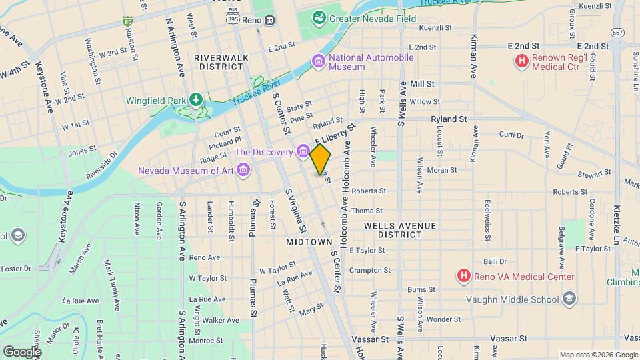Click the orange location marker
click(320, 159)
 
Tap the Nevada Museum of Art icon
click(243, 171)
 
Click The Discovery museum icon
click(303, 153)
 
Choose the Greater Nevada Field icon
click(319, 16)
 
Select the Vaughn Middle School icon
click(569, 299)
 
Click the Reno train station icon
click(269, 19)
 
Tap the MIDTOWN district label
click(309, 241)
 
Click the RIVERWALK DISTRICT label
click(221, 62)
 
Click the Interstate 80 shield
click(127, 21)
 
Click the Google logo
click(22, 351)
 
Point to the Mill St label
click(422, 84)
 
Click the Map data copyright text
click(597, 354)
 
